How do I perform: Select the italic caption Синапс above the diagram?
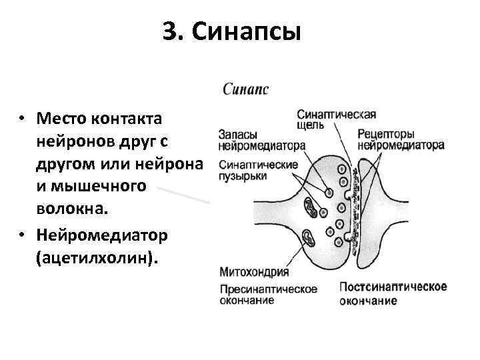point(246,88)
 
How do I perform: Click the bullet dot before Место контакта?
point(22,120)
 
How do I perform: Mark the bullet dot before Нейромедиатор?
point(22,237)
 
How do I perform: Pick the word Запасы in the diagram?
point(238,134)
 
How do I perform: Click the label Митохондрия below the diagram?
point(254,272)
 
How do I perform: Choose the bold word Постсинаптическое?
point(393,287)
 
